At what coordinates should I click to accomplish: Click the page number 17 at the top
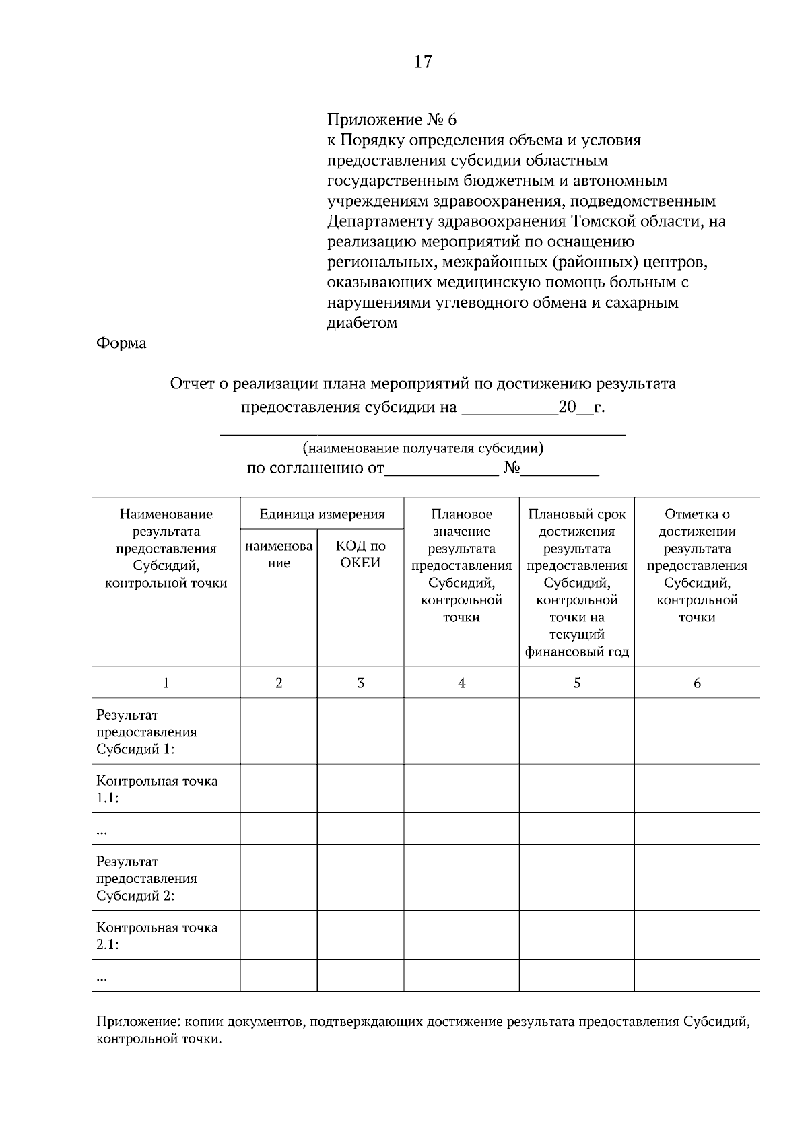tap(423, 62)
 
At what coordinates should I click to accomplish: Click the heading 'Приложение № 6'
tap(391, 120)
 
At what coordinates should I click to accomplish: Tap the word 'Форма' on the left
tap(121, 343)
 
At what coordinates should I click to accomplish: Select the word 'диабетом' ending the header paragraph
tap(362, 323)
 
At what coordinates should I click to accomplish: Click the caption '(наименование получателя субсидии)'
tap(423, 448)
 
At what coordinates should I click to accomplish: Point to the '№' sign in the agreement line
tap(511, 468)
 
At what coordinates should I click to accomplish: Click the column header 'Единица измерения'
tap(322, 515)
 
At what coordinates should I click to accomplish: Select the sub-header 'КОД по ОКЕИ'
tap(360, 555)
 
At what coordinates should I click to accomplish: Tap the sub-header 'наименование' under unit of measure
tap(279, 555)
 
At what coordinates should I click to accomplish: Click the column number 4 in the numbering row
tap(461, 683)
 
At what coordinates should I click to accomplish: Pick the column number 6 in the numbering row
tap(697, 683)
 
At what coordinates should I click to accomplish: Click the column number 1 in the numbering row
tap(166, 683)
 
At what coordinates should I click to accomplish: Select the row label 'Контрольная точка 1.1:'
tap(157, 790)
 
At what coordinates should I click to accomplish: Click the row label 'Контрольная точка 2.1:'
tap(157, 936)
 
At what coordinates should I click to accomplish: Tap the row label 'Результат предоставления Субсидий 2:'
tap(147, 878)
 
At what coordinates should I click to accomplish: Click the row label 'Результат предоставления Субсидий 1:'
tap(147, 732)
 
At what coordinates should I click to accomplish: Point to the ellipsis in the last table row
tap(102, 977)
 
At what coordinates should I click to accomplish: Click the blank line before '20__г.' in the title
tap(509, 408)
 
